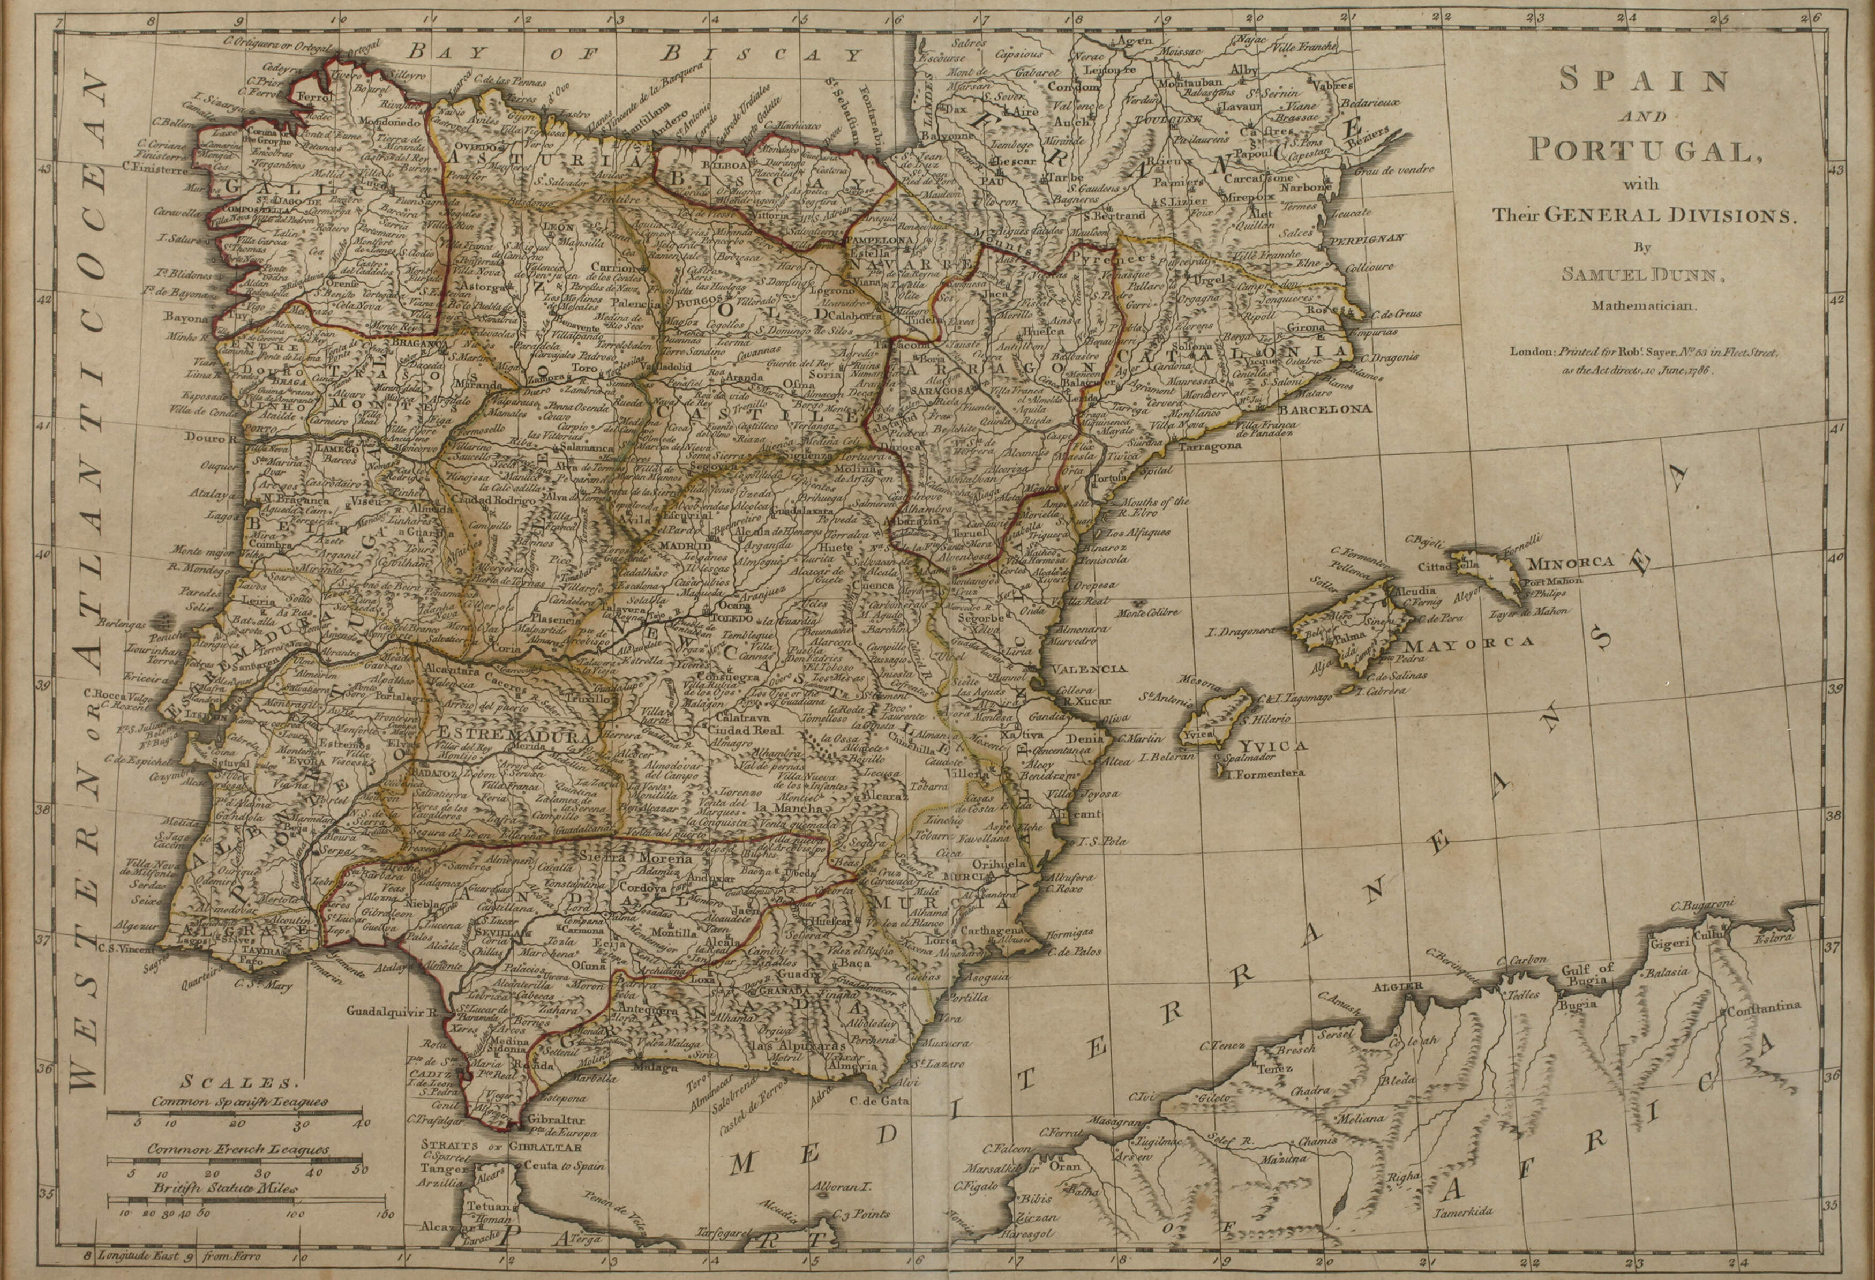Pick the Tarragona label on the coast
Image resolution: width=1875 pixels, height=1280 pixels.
point(1209,445)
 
